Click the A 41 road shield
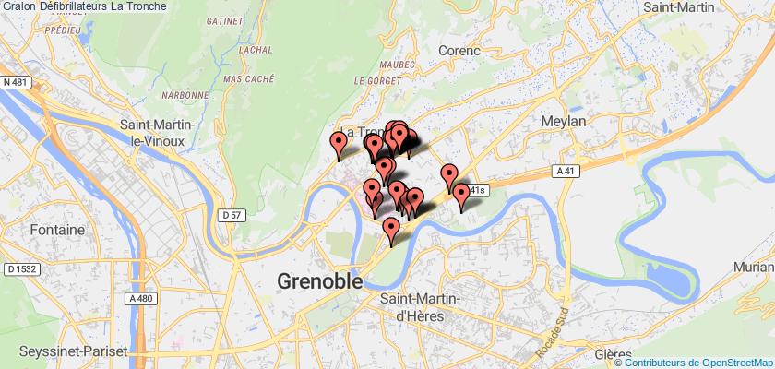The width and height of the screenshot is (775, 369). [567, 171]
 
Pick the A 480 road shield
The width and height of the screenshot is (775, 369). [141, 298]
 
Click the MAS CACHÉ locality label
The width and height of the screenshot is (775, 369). [250, 80]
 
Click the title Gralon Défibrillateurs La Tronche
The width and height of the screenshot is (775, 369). [85, 6]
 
